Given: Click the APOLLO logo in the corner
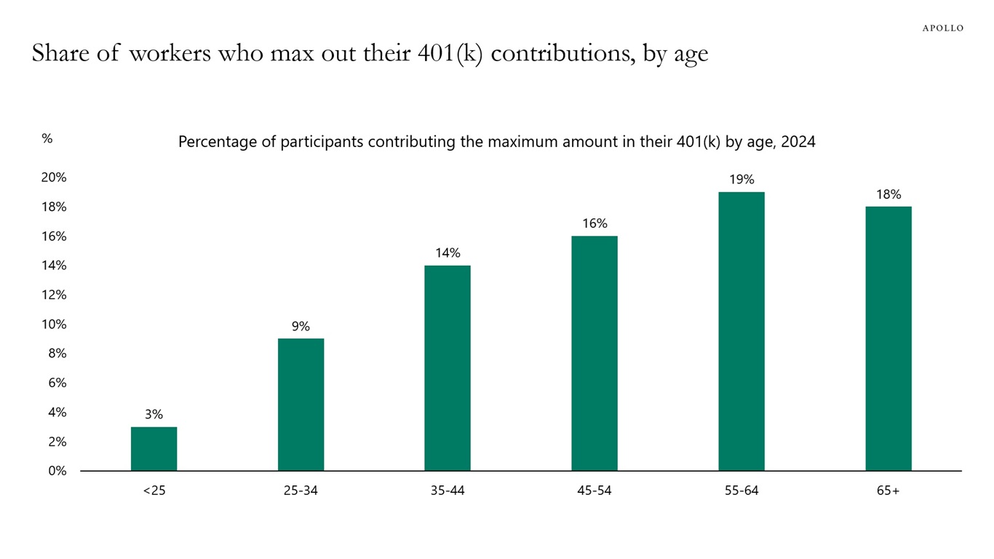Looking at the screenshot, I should pos(942,28).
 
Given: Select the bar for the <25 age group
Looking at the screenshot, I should pos(154,448).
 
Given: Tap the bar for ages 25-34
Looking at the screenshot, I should pos(301,405).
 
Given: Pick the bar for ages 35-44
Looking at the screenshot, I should pos(448,368).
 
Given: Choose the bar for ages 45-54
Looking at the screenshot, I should pos(595,353).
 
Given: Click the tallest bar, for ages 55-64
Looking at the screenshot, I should pos(741,331).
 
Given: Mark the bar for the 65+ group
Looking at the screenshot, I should pos(888,338).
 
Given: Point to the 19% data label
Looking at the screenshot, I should pos(741,180).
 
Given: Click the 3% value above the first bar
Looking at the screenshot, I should pos(154,415).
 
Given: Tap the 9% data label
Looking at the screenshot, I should pos(301,327).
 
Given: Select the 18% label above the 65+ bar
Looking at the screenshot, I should pos(888,194).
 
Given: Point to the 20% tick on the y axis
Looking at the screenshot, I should pos(54,178).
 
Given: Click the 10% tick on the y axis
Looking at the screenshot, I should pos(54,325).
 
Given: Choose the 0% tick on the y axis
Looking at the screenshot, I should pos(57,471).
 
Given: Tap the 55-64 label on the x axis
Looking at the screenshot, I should pos(741,491).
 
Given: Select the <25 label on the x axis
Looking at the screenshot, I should pos(154,491).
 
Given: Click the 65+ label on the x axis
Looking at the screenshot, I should pos(888,491).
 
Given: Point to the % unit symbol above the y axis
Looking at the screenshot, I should pos(47,138).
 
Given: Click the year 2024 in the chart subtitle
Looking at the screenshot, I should pos(798,142).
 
